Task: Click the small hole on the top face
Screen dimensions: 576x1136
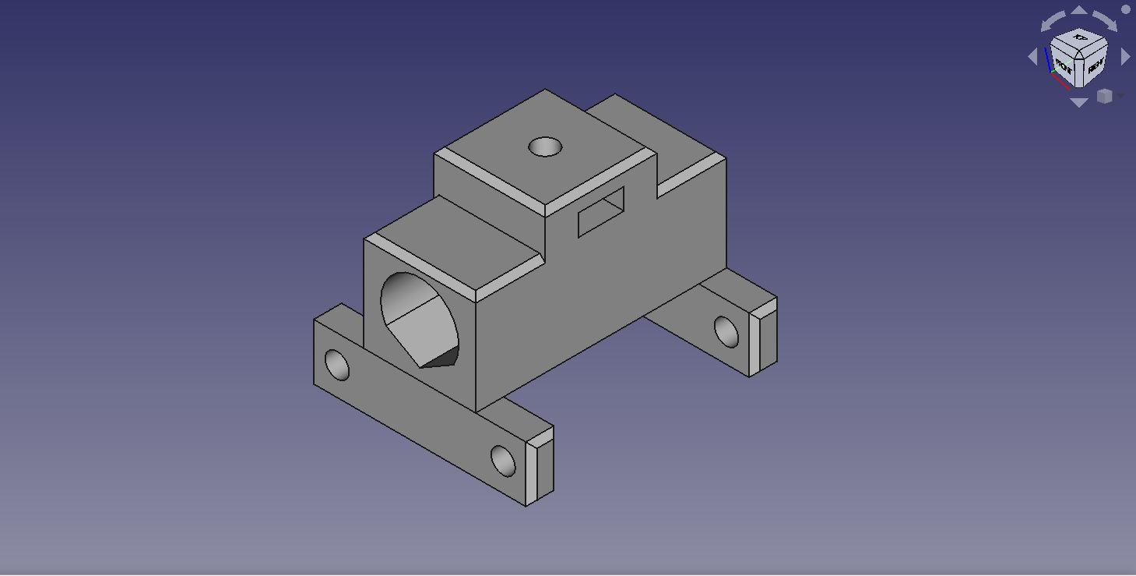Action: click(545, 147)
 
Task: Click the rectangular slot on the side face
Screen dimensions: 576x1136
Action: click(601, 211)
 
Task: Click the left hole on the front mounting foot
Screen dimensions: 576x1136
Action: click(337, 365)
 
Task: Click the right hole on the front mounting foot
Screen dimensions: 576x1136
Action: click(504, 461)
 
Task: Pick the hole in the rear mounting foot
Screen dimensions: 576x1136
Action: click(726, 331)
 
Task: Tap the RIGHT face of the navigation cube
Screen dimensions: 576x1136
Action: click(1094, 67)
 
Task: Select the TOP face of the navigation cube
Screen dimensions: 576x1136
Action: click(1080, 38)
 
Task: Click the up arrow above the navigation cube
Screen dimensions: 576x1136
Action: click(1079, 10)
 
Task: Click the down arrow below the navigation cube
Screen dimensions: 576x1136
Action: click(1079, 103)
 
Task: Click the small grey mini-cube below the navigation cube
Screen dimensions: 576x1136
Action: click(1104, 96)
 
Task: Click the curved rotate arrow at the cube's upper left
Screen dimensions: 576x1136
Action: click(1053, 20)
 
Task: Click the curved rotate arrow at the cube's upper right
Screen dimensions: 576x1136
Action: click(1106, 20)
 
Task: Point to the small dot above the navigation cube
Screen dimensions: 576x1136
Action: click(1126, 9)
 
